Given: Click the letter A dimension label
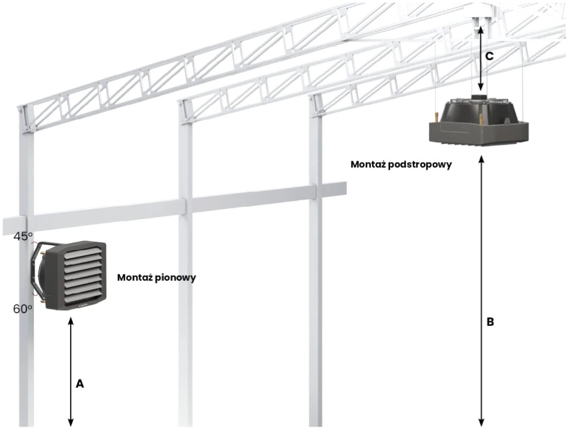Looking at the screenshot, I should coord(80,384).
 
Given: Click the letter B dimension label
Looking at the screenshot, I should coord(490,322).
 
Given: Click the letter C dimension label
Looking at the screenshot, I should coord(489,57).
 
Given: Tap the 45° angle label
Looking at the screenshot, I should coord(23,236).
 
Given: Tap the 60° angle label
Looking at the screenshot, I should coord(23,309).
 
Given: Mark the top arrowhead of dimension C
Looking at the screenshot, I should coord(480,30).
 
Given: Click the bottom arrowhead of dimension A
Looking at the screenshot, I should coord(71,423).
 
